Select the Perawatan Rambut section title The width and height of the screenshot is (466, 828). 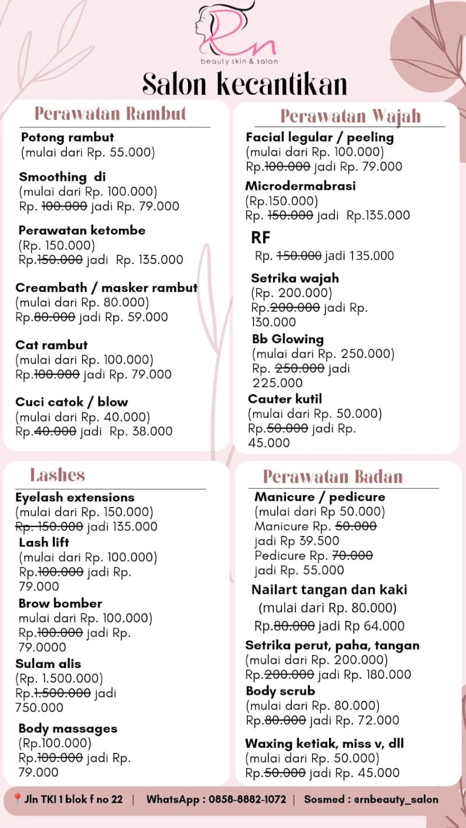point(110,113)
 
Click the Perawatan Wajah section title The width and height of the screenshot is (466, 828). point(350,116)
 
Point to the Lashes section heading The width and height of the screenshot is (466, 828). point(57,475)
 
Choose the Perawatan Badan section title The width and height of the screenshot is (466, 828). point(333,477)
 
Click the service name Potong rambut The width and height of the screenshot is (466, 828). point(68,138)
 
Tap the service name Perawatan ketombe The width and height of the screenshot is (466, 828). point(82,230)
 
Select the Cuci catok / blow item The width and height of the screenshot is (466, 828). point(71,402)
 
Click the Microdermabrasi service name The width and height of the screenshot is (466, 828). point(300,186)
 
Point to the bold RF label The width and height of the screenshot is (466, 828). point(261,237)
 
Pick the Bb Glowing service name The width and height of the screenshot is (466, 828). point(288,339)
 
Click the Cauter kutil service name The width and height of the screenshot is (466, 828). point(285,399)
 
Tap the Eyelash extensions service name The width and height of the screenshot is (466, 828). point(75,497)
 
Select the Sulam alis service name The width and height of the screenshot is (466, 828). point(50,664)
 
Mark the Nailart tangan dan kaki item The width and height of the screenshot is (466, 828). point(329,590)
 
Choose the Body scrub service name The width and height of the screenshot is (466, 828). point(280,691)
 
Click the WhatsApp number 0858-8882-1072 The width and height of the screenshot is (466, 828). point(247,799)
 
